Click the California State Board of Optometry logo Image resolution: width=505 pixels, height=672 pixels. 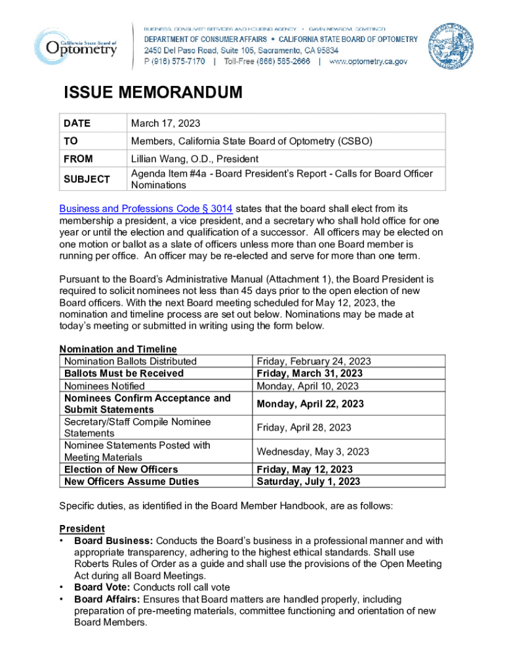click(75, 44)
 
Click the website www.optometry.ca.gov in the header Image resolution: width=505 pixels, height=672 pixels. click(368, 61)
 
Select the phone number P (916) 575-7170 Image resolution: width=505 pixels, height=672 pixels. click(174, 61)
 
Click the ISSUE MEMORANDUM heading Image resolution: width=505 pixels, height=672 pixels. click(153, 93)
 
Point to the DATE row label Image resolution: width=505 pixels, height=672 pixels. click(77, 123)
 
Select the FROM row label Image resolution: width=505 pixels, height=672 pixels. click(78, 159)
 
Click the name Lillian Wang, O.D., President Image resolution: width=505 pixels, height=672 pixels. click(195, 159)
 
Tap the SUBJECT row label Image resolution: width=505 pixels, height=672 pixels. click(87, 179)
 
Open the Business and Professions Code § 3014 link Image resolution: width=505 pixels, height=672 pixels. click(146, 209)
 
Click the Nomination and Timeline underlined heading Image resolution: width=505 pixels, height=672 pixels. click(118, 349)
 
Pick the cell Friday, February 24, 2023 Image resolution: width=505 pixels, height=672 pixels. click(313, 361)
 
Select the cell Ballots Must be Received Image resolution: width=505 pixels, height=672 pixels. click(124, 373)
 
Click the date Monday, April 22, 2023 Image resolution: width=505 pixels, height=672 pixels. click(310, 404)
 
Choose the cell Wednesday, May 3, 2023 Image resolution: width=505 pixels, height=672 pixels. click(313, 451)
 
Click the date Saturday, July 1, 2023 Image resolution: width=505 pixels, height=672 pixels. click(308, 481)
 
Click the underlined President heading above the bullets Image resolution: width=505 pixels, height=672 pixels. click(82, 528)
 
